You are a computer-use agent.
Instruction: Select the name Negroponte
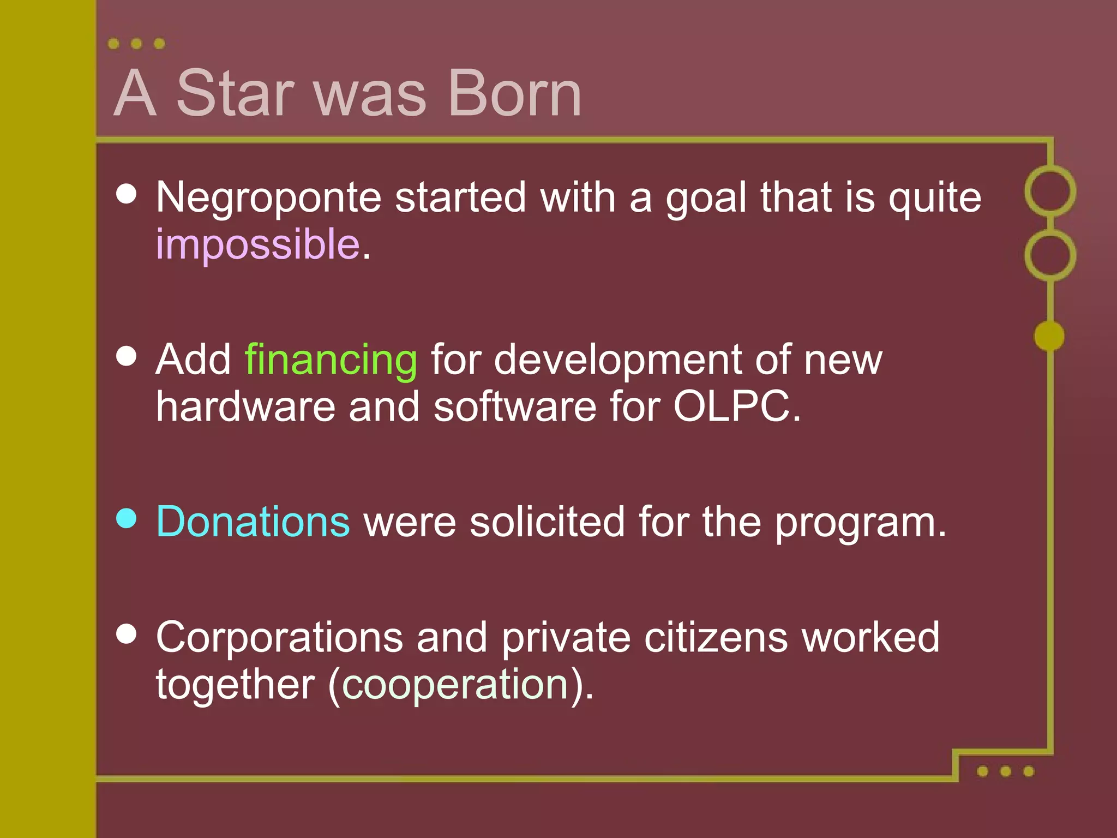[x=268, y=197]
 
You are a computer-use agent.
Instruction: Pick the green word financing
[x=331, y=360]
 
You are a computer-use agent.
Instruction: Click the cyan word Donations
[x=253, y=522]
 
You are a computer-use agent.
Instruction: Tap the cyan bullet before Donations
[x=127, y=518]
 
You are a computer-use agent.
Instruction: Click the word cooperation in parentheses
[x=455, y=684]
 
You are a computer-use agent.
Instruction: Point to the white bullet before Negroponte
[x=127, y=194]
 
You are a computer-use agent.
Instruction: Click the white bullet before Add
[x=127, y=356]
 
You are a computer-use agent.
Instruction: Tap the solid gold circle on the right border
[x=1049, y=336]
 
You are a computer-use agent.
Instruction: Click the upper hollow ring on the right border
[x=1050, y=191]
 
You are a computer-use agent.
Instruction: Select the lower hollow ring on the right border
[x=1050, y=255]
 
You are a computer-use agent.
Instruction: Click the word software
[x=515, y=406]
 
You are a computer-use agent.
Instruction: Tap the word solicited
[x=547, y=522]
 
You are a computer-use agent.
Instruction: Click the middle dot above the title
[x=136, y=44]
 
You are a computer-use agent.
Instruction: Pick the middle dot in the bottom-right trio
[x=1006, y=771]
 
